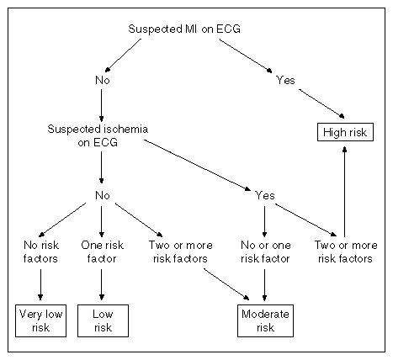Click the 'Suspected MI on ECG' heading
pos(184,29)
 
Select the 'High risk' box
pos(345,132)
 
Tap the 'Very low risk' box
pos(40,320)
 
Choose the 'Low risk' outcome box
pos(103,320)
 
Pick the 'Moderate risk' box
pos(265,320)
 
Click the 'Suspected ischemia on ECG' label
pos(98,135)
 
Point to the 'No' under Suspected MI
pos(103,80)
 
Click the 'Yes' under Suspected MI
pos(285,80)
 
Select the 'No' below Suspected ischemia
pos(103,195)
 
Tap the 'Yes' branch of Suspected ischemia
pos(265,195)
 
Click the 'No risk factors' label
pos(41,251)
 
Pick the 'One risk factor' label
pos(102,251)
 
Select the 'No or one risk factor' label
pos(265,251)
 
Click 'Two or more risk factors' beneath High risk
pos(346,251)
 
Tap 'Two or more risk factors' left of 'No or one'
pos(180,251)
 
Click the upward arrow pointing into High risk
pos(345,192)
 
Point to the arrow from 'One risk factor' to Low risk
pos(102,284)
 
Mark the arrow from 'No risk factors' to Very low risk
pos(40,284)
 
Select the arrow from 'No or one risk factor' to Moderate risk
pos(264,285)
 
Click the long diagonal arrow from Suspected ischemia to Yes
pos(198,165)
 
